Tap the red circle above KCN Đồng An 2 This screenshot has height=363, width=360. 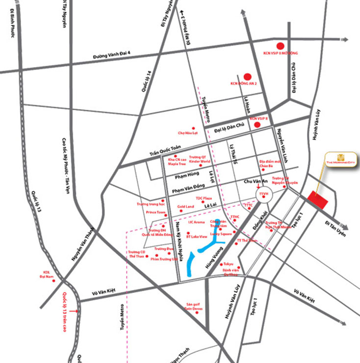pyautogui.click(x=248, y=76)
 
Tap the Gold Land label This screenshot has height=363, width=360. pyautogui.click(x=186, y=207)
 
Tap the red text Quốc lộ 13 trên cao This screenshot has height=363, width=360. pyautogui.click(x=64, y=312)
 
